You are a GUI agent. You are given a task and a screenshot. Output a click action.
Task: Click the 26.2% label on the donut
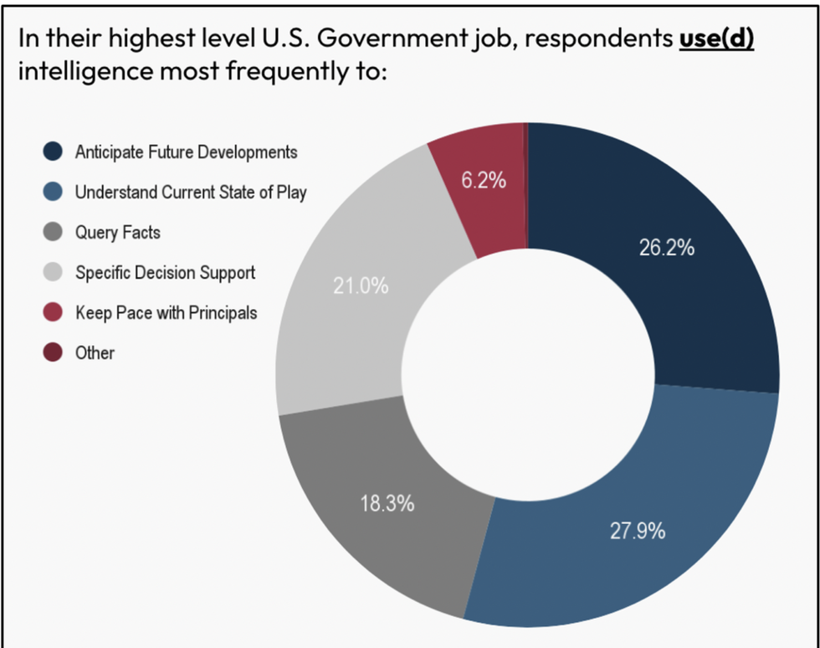[x=666, y=249]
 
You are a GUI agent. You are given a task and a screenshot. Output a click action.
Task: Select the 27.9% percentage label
[x=637, y=531]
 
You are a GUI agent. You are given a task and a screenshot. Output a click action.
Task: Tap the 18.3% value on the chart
[x=387, y=504]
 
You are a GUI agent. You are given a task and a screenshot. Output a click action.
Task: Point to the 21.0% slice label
[x=361, y=285]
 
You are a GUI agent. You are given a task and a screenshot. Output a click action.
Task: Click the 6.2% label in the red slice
[x=484, y=180]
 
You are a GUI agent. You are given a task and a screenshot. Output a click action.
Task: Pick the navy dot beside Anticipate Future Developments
[x=54, y=152]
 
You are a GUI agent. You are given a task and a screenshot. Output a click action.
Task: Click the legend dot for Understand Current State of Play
[x=54, y=192]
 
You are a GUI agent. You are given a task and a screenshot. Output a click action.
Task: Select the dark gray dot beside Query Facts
[x=54, y=232]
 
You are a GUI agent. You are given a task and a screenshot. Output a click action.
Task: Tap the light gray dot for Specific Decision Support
[x=54, y=272]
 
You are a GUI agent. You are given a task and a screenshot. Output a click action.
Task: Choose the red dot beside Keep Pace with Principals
[x=54, y=312]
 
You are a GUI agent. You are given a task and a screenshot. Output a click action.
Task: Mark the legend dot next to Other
[x=54, y=352]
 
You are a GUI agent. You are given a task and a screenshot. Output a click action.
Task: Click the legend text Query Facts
[x=117, y=232]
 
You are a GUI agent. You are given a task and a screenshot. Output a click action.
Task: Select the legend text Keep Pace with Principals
[x=166, y=312]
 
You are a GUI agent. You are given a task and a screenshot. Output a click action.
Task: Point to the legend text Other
[x=95, y=352]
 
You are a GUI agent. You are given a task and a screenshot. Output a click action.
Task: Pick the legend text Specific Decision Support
[x=165, y=272]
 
